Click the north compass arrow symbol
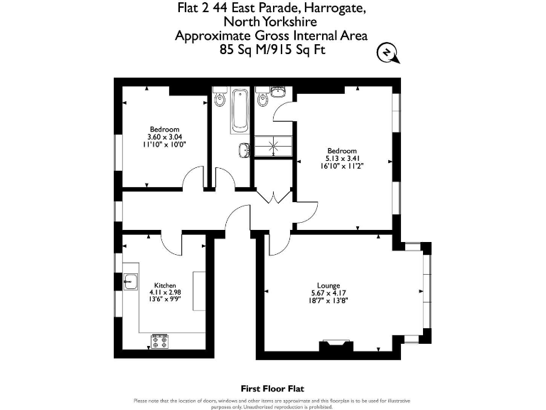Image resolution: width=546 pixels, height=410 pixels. (x=386, y=52)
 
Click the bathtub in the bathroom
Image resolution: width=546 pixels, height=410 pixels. (x=238, y=111)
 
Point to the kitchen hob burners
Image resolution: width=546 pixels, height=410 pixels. (x=160, y=342)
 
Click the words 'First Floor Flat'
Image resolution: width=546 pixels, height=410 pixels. (x=272, y=389)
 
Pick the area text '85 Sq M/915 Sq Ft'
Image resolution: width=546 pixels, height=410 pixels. (x=272, y=50)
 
